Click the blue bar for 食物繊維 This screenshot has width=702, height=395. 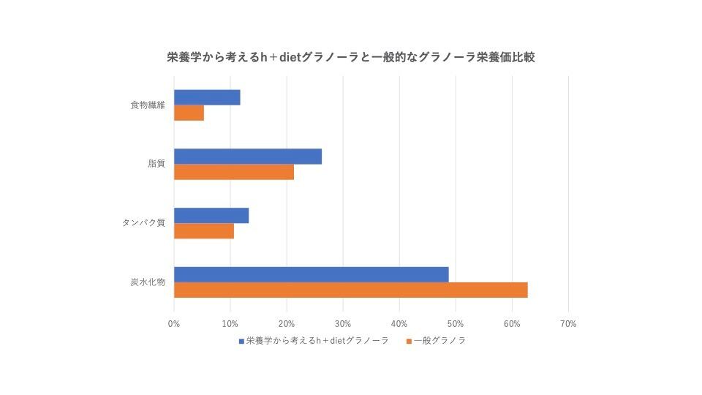(207, 98)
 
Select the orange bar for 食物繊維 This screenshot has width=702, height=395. (189, 113)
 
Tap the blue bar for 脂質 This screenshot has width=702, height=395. (248, 157)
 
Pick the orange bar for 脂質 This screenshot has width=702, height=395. (234, 172)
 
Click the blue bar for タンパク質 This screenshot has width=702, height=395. (211, 216)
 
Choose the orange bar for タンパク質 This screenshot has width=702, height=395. (204, 231)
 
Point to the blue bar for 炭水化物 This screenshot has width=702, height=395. (312, 274)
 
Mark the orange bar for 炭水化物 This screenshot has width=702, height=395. (351, 290)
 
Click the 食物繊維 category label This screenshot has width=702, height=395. (148, 105)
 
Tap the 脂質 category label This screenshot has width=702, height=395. (156, 164)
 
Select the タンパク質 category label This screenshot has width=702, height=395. (144, 223)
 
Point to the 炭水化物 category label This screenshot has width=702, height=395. (148, 282)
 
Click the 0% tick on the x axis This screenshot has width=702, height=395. (174, 323)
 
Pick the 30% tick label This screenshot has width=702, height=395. (343, 323)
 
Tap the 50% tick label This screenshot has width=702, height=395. (456, 323)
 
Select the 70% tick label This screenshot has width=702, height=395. (568, 323)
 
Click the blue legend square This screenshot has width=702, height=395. (241, 341)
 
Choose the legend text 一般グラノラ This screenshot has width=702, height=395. (439, 341)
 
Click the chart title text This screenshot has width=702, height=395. (351, 57)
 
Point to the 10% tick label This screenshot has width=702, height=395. (230, 323)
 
